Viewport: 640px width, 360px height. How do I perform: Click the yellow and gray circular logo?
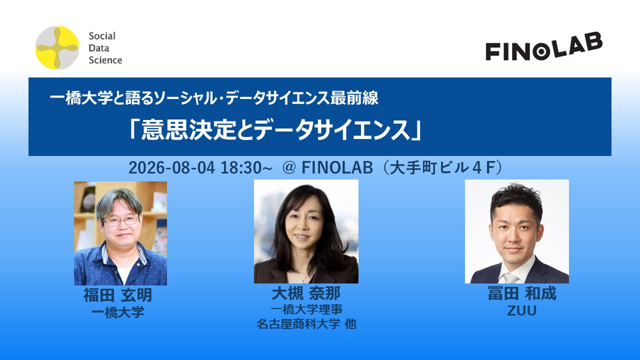57,47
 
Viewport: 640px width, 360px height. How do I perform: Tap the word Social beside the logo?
102,36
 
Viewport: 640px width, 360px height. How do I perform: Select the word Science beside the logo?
105,60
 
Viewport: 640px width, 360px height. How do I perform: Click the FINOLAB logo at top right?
544,46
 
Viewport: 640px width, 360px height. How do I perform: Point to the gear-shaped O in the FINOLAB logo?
539,51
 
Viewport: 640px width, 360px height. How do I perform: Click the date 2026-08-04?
171,167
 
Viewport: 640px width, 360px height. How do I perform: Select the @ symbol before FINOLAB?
288,167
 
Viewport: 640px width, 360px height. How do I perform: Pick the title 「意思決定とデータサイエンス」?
275,130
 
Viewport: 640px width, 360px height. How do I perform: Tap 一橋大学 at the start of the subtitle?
81,98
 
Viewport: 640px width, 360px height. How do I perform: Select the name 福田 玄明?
117,295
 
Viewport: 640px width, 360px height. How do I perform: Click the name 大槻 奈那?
306,293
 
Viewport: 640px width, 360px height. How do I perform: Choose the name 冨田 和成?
522,293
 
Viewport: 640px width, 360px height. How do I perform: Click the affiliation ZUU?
521,311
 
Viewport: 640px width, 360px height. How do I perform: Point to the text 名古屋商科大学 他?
306,324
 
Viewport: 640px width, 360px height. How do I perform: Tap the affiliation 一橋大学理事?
306,309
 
